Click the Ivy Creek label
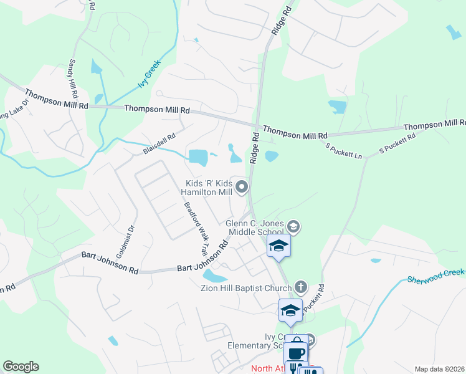(x=150, y=74)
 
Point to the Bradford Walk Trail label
(x=194, y=228)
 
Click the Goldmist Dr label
(x=122, y=240)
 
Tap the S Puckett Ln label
(x=344, y=150)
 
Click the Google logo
(x=21, y=367)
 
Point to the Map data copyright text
(x=439, y=369)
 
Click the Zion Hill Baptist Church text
(x=246, y=288)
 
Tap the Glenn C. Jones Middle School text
(x=254, y=228)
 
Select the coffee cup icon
(x=297, y=351)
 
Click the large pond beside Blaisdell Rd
(x=198, y=157)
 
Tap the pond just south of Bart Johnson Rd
(x=214, y=275)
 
